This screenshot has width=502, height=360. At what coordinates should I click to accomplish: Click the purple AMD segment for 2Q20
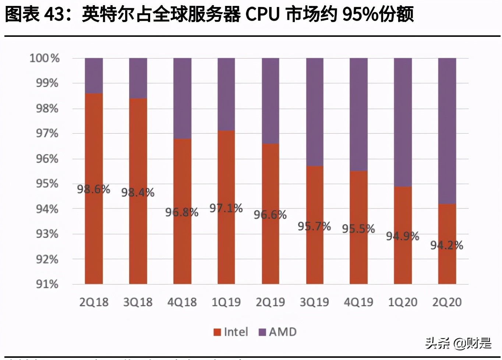(x=447, y=131)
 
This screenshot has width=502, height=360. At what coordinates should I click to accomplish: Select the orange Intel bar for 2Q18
(x=94, y=236)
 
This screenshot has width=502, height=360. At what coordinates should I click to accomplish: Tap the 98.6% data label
(x=93, y=189)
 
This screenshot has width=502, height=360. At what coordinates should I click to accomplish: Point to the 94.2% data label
(x=446, y=245)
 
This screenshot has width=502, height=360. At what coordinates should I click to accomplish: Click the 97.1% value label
(x=226, y=208)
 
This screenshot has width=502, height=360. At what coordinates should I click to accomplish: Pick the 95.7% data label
(x=314, y=226)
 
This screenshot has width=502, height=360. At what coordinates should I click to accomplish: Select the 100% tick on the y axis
(x=45, y=58)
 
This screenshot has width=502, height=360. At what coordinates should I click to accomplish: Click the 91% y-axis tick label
(x=47, y=284)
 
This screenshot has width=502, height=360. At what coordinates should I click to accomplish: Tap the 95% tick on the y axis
(x=47, y=184)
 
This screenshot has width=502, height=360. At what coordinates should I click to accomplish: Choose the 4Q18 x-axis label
(x=182, y=302)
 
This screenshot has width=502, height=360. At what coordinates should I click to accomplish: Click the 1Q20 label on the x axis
(x=403, y=302)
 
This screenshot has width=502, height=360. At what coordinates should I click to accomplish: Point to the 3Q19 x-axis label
(x=314, y=302)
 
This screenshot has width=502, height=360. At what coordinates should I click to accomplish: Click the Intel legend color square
(x=217, y=332)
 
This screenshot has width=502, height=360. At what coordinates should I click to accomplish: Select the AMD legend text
(x=283, y=332)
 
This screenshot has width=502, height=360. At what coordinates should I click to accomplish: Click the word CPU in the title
(x=262, y=15)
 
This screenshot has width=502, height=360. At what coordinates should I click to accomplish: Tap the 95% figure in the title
(x=359, y=15)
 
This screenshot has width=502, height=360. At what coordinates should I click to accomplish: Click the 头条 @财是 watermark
(x=458, y=343)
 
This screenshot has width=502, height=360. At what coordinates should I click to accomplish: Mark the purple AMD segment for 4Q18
(x=182, y=98)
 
